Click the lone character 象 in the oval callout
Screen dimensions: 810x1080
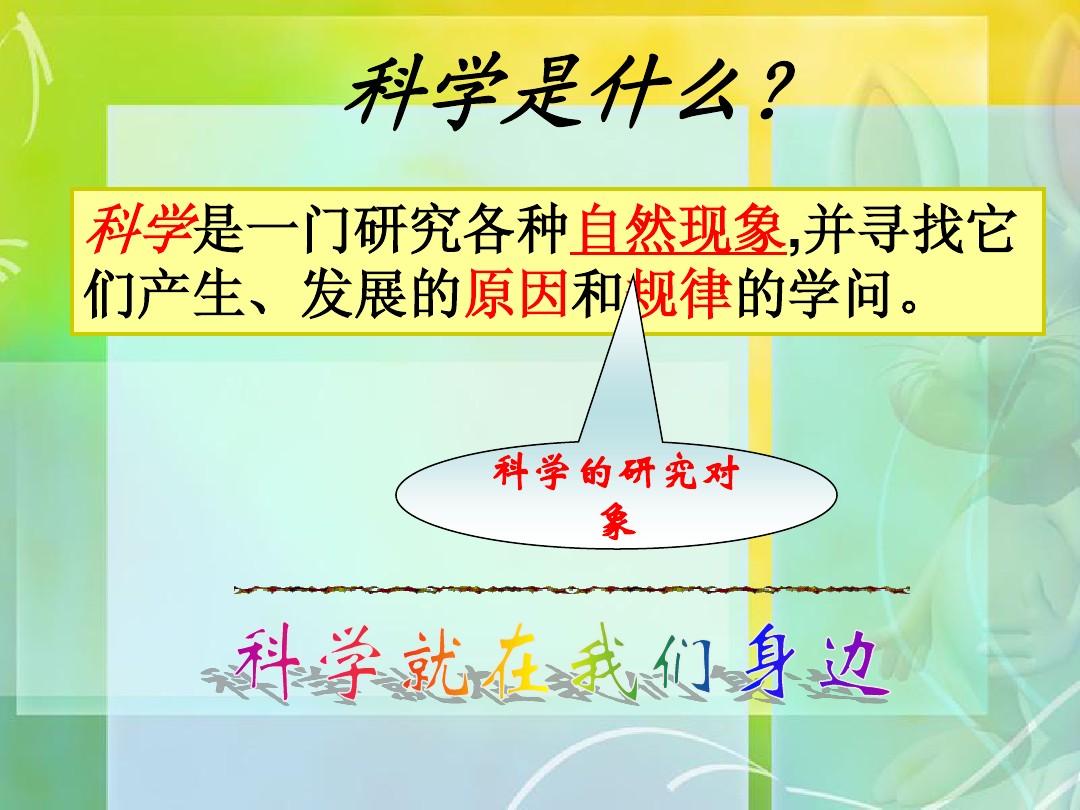(617, 522)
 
